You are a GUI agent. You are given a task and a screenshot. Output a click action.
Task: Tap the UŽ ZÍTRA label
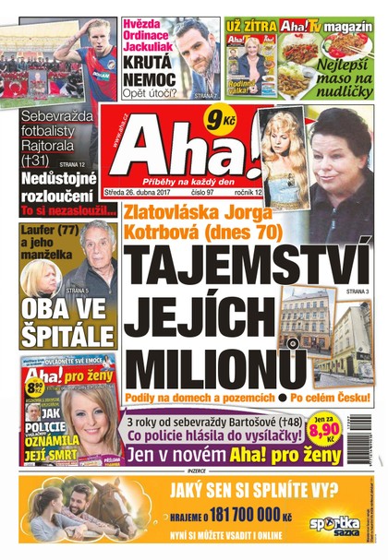click(250, 26)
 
